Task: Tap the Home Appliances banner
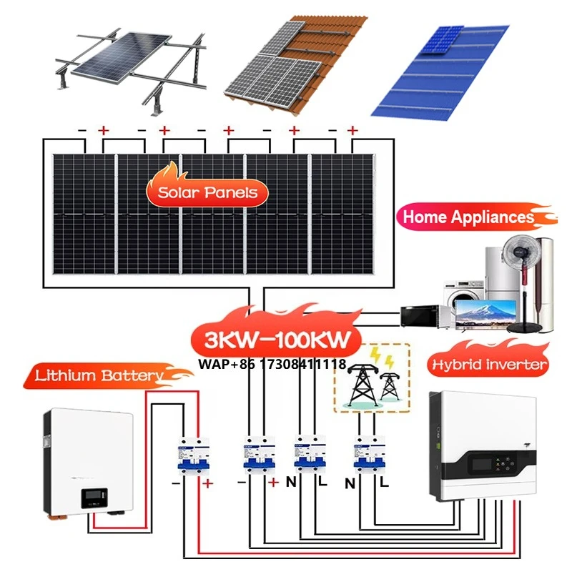(468, 217)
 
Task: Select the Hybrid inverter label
(489, 365)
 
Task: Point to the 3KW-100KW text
(275, 339)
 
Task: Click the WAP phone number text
(272, 365)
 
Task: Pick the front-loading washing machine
(458, 294)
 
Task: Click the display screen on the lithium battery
(94, 495)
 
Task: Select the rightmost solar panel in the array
(341, 214)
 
